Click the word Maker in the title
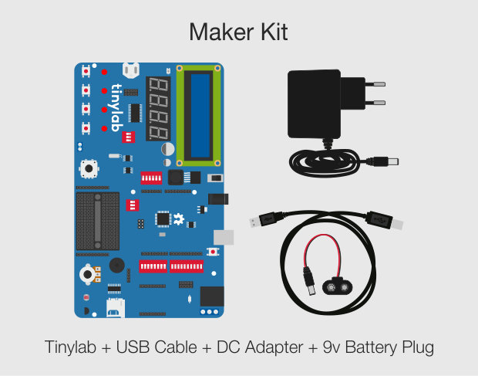coord(221,32)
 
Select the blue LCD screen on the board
coord(200,116)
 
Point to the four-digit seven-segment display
coord(158,109)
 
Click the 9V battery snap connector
coord(338,286)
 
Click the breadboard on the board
coord(98,221)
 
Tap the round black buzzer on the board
coord(116,265)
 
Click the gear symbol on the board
coord(179,219)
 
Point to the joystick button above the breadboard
coord(89,168)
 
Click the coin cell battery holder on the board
coord(131,70)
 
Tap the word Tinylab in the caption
coord(70,347)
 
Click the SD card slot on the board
coord(116,308)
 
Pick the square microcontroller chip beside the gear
coord(163,218)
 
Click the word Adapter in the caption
coord(274,348)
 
